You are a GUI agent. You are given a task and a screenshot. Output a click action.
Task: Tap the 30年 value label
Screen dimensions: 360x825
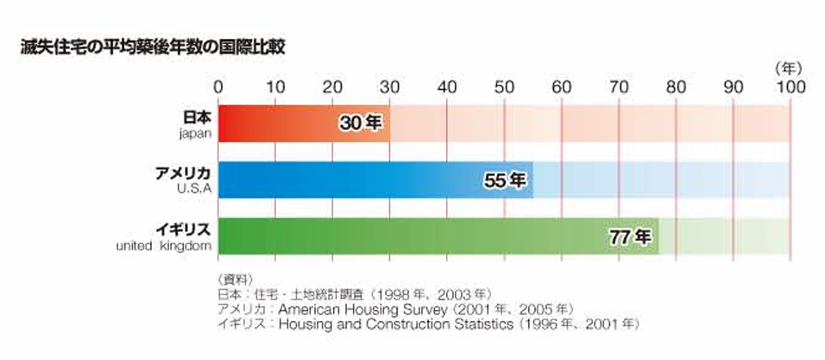tap(360, 123)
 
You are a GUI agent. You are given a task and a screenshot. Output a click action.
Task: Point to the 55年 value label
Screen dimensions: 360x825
tap(503, 180)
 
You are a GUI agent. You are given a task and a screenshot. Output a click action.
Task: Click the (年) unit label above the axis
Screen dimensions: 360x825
tap(788, 67)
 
